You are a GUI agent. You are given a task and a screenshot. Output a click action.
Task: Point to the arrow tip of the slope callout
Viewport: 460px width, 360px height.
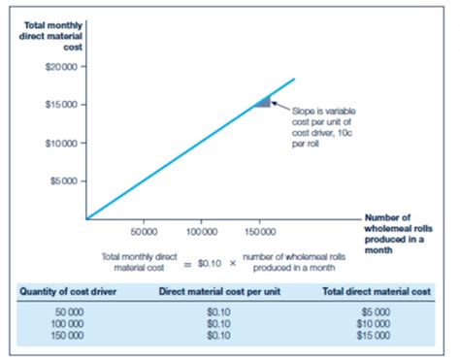pos(274,100)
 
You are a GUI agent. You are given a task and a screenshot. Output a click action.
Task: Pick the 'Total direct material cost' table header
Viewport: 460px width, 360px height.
pos(375,290)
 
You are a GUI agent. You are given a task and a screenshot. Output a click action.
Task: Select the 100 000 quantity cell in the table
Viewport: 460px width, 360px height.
pos(64,325)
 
